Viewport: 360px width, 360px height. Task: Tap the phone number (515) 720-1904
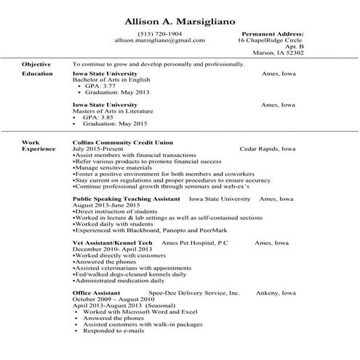[160, 33]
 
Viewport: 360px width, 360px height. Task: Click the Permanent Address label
[272, 33]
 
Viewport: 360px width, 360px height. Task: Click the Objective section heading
[36, 64]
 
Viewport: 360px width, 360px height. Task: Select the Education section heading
[37, 73]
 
